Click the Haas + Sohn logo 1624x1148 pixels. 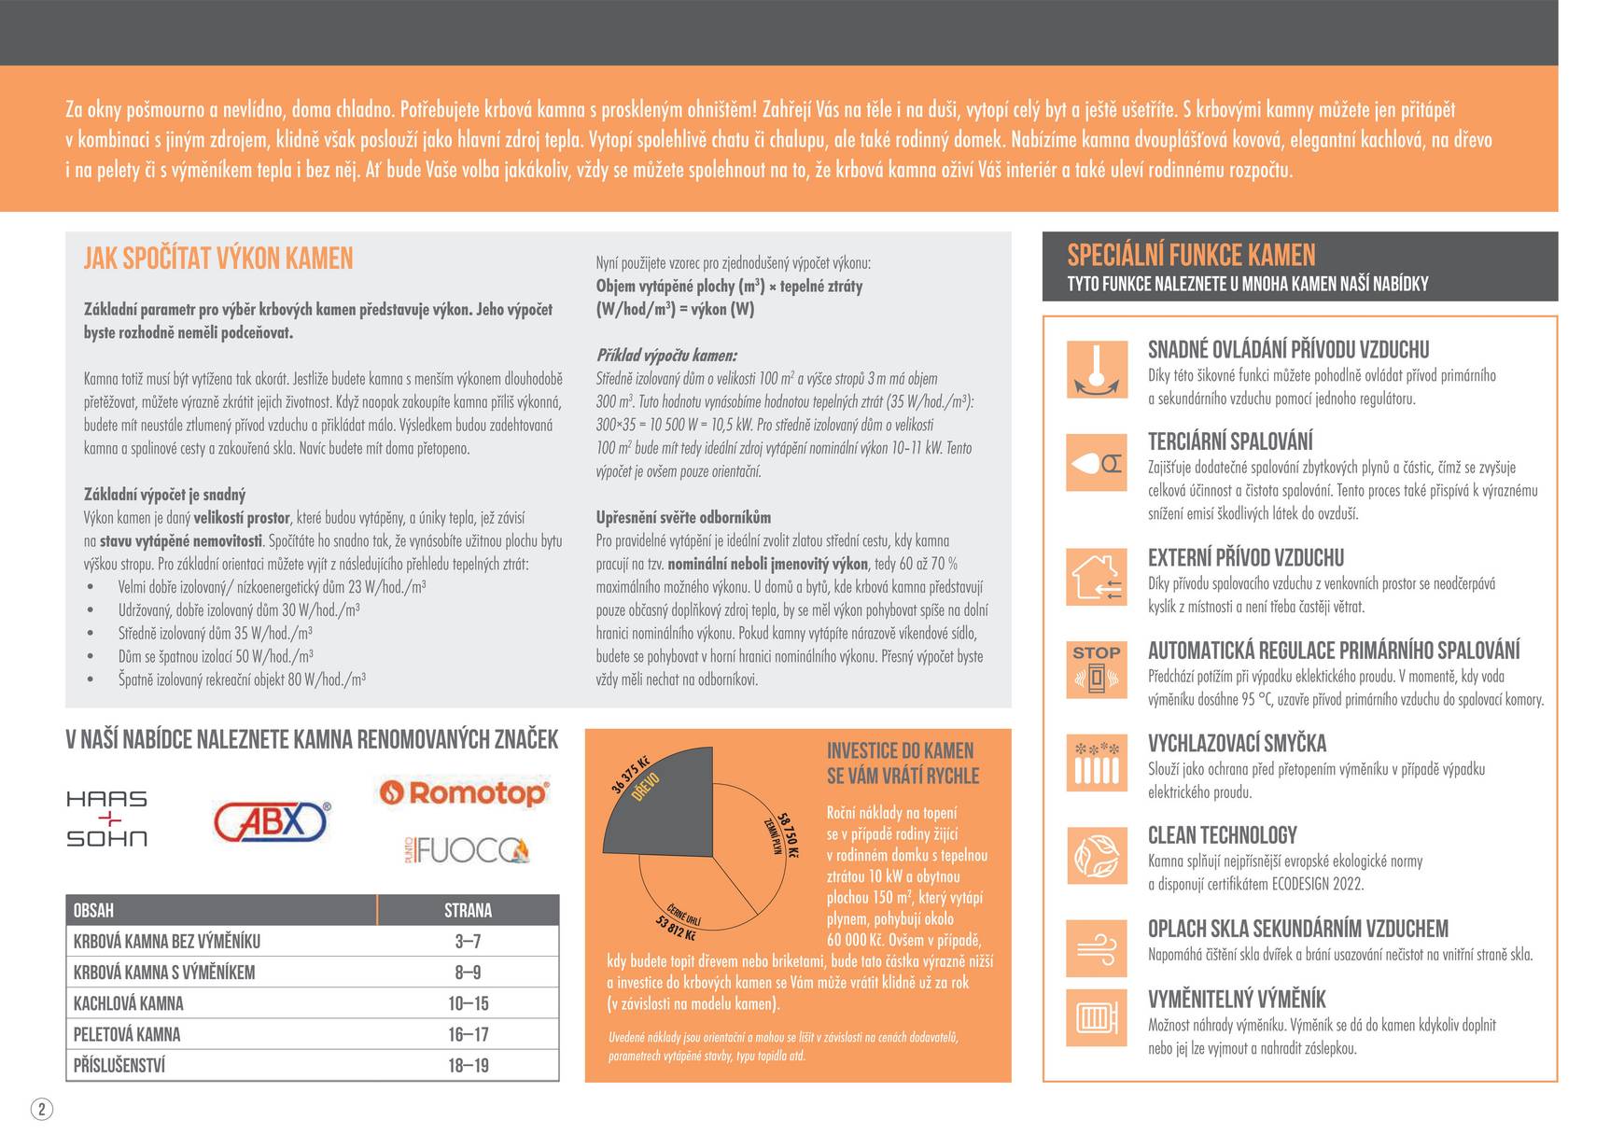pyautogui.click(x=106, y=819)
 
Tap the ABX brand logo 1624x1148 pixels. pyautogui.click(x=272, y=821)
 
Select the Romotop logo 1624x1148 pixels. pyautogui.click(x=464, y=793)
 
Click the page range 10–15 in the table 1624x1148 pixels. pyautogui.click(x=468, y=1003)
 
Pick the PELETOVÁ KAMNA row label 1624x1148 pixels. pyautogui.click(x=127, y=1034)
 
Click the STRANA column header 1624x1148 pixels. pyautogui.click(x=468, y=910)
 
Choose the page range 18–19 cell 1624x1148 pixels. pyautogui.click(x=468, y=1065)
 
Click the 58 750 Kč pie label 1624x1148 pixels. pyautogui.click(x=787, y=835)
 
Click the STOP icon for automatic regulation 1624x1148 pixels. pyautogui.click(x=1097, y=669)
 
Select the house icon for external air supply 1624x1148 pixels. pyautogui.click(x=1097, y=577)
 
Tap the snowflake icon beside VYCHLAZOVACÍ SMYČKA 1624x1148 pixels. pyautogui.click(x=1097, y=763)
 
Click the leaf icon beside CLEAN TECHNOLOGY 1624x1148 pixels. pyautogui.click(x=1097, y=856)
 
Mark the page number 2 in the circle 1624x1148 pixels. pyautogui.click(x=42, y=1109)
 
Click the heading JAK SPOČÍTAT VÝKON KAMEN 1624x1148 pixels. pyautogui.click(x=218, y=259)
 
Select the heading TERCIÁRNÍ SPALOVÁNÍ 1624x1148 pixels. pyautogui.click(x=1230, y=441)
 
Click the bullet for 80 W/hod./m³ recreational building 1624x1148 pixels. pyautogui.click(x=91, y=679)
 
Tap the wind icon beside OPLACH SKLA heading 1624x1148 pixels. pyautogui.click(x=1097, y=948)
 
